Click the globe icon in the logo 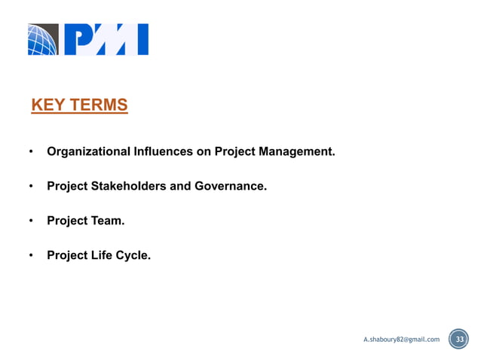pyautogui.click(x=43, y=40)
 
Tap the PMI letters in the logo pyautogui.click(x=106, y=40)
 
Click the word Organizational pyautogui.click(x=88, y=151)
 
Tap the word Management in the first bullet pyautogui.click(x=296, y=151)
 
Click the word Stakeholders pyautogui.click(x=130, y=186)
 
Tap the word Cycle pyautogui.click(x=133, y=255)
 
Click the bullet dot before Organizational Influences pyautogui.click(x=31, y=152)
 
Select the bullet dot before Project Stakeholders pyautogui.click(x=31, y=187)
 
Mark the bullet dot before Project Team pyautogui.click(x=31, y=221)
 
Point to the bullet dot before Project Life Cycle pyautogui.click(x=31, y=256)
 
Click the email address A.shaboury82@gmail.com pyautogui.click(x=401, y=340)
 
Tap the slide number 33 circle pyautogui.click(x=458, y=340)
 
